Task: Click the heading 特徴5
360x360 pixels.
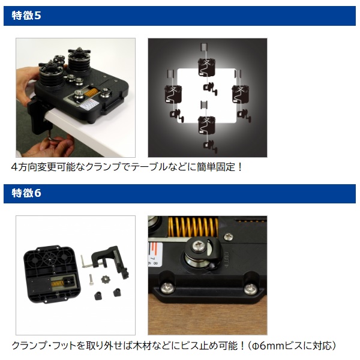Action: (26, 16)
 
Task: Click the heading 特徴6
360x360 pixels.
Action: (26, 193)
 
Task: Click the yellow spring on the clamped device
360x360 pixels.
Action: (91, 92)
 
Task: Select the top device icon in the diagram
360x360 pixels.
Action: (207, 67)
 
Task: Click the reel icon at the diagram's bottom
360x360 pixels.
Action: (211, 147)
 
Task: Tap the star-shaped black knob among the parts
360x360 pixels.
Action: (106, 279)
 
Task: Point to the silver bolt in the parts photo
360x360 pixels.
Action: (91, 280)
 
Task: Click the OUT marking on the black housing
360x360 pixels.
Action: (226, 260)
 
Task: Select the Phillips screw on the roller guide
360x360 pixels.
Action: (197, 247)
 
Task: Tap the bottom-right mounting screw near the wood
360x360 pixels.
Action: (250, 289)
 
